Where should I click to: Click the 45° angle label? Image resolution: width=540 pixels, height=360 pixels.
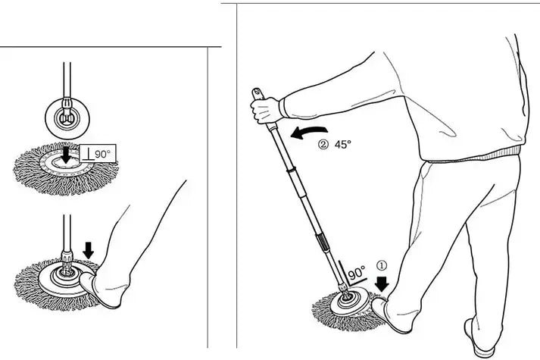(342, 144)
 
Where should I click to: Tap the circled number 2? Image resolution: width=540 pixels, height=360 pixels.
(323, 144)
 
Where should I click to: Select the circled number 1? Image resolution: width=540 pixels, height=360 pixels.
(382, 265)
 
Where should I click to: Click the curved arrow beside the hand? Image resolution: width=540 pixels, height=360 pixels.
(308, 132)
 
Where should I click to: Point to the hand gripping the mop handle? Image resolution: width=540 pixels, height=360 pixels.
(265, 110)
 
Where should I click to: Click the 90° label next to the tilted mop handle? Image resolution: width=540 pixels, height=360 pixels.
(357, 274)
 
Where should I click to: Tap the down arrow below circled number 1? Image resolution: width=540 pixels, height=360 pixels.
(382, 284)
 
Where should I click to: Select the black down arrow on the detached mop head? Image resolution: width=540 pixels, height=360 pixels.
(64, 155)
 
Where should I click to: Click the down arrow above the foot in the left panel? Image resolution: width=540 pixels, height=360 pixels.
(89, 250)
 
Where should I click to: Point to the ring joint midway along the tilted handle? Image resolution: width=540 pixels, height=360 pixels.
(290, 171)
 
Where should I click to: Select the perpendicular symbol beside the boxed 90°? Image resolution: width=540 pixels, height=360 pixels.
(89, 154)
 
